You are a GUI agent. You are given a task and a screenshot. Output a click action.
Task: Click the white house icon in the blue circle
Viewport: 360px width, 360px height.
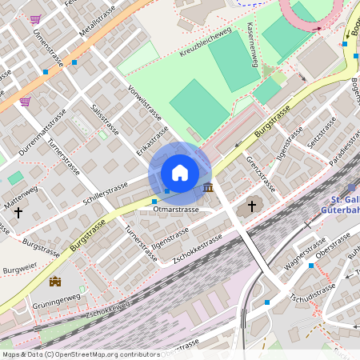pos(180,173)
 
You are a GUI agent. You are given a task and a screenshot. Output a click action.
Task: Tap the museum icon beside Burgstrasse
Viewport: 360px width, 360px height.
pos(209,187)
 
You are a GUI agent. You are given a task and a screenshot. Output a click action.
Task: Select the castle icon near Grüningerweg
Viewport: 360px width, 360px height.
pos(55,281)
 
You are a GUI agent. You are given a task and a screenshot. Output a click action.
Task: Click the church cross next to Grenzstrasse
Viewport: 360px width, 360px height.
pos(252,206)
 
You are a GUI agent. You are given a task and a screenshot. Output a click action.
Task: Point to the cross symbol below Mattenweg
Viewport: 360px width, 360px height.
pos(18,213)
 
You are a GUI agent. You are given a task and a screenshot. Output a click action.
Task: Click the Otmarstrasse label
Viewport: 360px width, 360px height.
pos(175,210)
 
